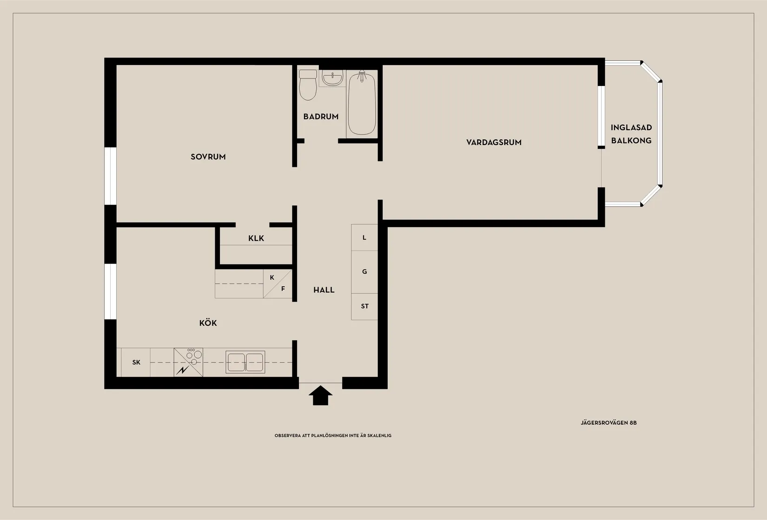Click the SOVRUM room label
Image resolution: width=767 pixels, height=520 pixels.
click(x=208, y=157)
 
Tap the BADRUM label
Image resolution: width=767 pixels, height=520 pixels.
click(x=321, y=117)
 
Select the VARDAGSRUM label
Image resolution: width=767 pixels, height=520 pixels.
click(x=494, y=142)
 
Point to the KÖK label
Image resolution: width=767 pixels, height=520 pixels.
click(x=208, y=323)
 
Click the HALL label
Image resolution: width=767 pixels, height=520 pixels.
click(x=324, y=290)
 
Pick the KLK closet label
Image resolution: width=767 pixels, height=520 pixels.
click(x=256, y=238)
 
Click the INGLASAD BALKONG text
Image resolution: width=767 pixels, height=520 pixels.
click(x=631, y=134)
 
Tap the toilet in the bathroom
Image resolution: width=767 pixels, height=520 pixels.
click(x=308, y=85)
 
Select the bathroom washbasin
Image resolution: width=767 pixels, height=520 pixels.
click(x=332, y=78)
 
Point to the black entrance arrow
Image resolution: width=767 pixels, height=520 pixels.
click(x=320, y=395)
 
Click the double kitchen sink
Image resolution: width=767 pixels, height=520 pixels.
click(x=245, y=362)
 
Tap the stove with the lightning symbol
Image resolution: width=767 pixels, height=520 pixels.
click(x=188, y=362)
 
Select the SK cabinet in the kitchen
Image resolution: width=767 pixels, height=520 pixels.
click(x=136, y=362)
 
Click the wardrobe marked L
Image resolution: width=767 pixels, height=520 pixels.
click(x=364, y=237)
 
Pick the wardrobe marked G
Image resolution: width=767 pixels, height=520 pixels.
click(x=364, y=272)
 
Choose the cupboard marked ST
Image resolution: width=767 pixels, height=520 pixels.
click(x=364, y=306)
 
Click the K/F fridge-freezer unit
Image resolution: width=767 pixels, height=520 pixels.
click(x=278, y=283)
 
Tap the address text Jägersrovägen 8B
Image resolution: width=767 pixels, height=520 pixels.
click(x=608, y=423)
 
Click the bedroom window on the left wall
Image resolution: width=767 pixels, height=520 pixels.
click(x=110, y=176)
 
